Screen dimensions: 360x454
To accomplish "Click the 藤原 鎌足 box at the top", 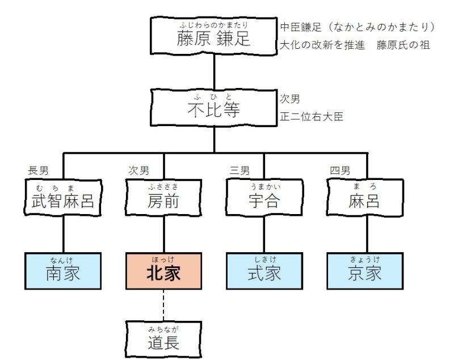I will click(213, 35).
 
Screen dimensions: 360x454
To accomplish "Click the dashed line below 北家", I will click(163, 304).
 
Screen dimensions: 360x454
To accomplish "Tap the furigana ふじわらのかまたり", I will click(213, 24).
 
